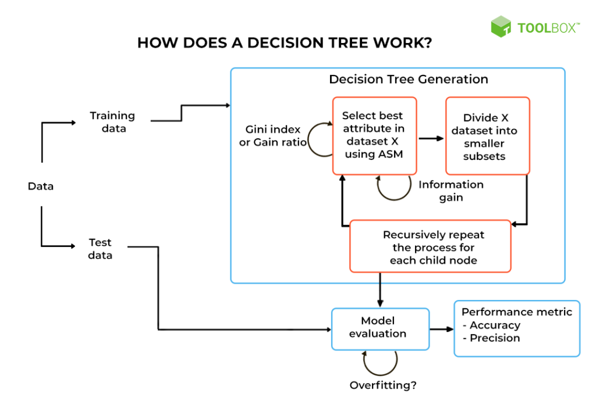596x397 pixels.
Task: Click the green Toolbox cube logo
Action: point(501,27)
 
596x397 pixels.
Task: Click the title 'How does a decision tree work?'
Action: point(284,43)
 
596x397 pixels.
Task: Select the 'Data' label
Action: point(41,186)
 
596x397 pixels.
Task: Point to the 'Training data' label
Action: point(112,122)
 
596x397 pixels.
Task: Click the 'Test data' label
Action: point(100,249)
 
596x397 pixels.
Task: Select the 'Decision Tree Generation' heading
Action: point(409,79)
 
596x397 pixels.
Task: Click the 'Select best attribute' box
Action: point(374,135)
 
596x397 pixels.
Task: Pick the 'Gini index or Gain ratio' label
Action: point(272,136)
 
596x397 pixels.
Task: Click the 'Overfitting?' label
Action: point(384,385)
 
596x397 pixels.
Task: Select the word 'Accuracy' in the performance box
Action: point(495,326)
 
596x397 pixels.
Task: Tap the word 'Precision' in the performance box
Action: point(495,338)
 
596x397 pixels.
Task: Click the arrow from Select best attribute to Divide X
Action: point(431,138)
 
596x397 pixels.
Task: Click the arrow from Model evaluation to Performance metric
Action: point(441,330)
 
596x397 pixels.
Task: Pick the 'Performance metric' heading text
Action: point(517,312)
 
